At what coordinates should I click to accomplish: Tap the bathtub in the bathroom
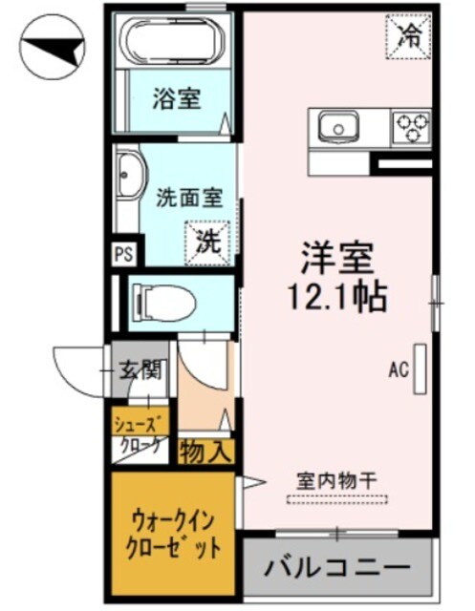(x=175, y=42)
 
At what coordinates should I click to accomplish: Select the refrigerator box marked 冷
(x=409, y=36)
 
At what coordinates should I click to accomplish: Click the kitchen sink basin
(x=335, y=126)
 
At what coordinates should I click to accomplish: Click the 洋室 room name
(x=335, y=258)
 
